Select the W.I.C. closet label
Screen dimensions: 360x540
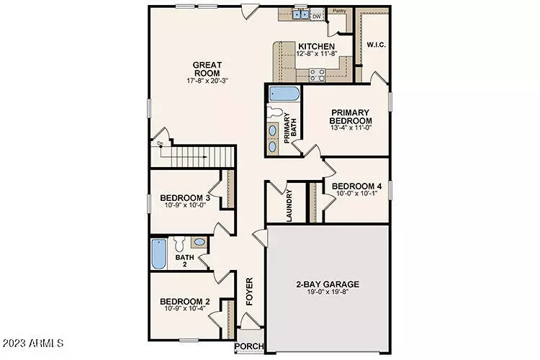coord(376,45)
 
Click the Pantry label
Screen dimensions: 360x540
coord(338,11)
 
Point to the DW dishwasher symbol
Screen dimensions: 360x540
coord(316,15)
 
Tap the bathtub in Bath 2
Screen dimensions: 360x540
coord(158,255)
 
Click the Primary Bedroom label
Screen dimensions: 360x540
coord(350,117)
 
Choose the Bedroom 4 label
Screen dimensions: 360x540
coord(356,185)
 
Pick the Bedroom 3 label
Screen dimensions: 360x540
coord(184,198)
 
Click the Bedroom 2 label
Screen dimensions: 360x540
coord(184,301)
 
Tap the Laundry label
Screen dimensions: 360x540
coord(289,205)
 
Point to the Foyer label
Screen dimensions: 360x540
coord(250,292)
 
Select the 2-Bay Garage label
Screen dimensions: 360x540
coord(328,284)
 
